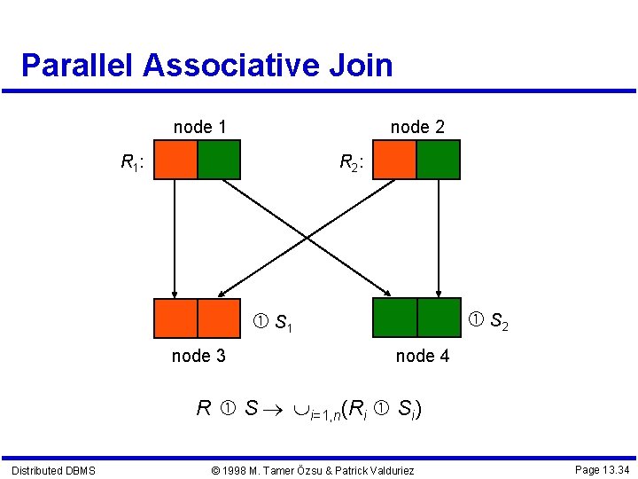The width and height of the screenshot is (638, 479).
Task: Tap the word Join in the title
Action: coord(363,66)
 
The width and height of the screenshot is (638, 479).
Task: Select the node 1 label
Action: coord(199,127)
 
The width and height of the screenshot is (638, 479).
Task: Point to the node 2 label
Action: coord(417,127)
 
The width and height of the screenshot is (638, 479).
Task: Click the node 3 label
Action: coord(198,356)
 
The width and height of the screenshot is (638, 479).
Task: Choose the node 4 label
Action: coord(422,356)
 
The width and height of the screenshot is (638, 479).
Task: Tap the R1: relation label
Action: coord(133,162)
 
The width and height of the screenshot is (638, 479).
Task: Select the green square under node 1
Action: coord(219,160)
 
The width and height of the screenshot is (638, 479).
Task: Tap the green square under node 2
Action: coord(438,160)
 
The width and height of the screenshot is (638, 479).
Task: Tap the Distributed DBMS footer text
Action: coord(53,469)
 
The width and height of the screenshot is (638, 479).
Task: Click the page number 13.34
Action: coord(602,468)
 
